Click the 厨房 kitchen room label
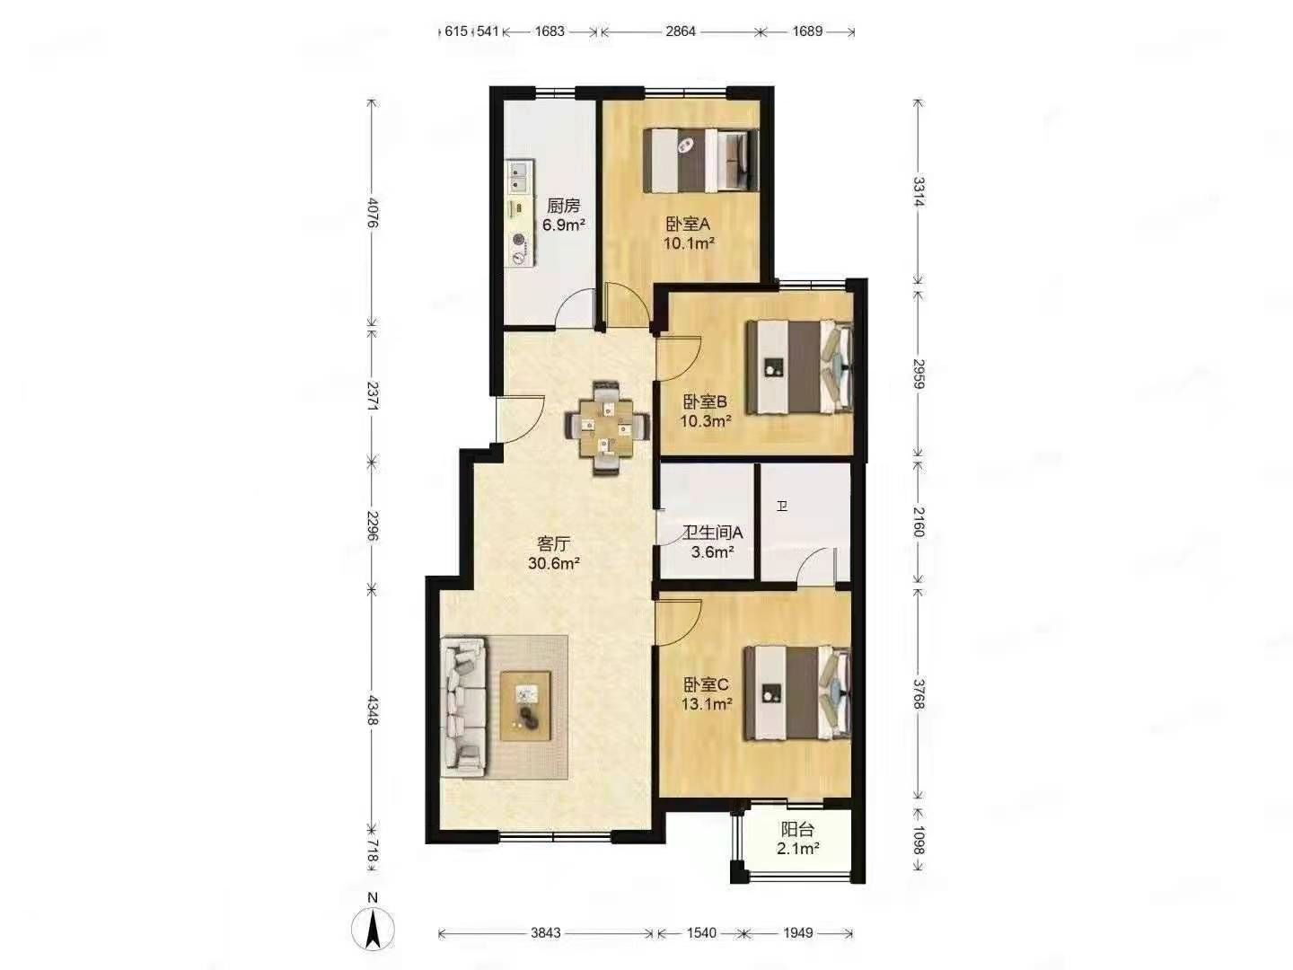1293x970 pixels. coord(563,205)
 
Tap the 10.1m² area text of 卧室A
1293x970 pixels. coord(690,243)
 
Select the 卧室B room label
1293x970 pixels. coord(705,401)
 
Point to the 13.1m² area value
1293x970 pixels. coord(707,703)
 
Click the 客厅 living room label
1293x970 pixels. coord(554,543)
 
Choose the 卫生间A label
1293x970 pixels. coord(713,533)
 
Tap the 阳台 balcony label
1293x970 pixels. coord(797,829)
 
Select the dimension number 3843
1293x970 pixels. coord(545,933)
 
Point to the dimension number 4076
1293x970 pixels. coord(373,213)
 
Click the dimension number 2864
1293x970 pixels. coord(681,31)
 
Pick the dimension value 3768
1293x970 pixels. coord(919,693)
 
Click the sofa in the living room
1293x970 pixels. coord(465,707)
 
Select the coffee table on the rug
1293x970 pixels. coord(525,706)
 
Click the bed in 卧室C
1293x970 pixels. coord(797,692)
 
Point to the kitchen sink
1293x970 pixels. coord(107,177)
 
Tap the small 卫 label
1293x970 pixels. coord(782,506)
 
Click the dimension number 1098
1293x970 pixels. coord(919,840)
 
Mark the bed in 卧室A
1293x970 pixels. coord(699,160)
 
